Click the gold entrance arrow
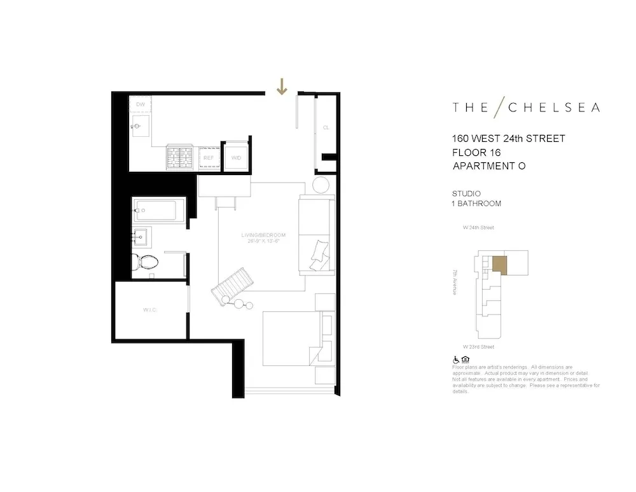pyautogui.click(x=282, y=87)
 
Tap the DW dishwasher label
pyautogui.click(x=141, y=104)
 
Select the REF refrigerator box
pyautogui.click(x=208, y=157)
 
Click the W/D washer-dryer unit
pyautogui.click(x=236, y=157)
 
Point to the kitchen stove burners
pyautogui.click(x=180, y=157)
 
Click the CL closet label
pyautogui.click(x=326, y=127)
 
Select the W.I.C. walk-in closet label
pyautogui.click(x=150, y=310)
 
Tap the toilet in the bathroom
pyautogui.click(x=144, y=262)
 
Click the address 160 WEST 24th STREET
pyautogui.click(x=508, y=139)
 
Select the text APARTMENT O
pyautogui.click(x=489, y=166)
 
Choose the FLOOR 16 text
pyautogui.click(x=476, y=153)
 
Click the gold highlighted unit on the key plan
pyautogui.click(x=500, y=265)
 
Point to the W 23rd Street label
pyautogui.click(x=479, y=347)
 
